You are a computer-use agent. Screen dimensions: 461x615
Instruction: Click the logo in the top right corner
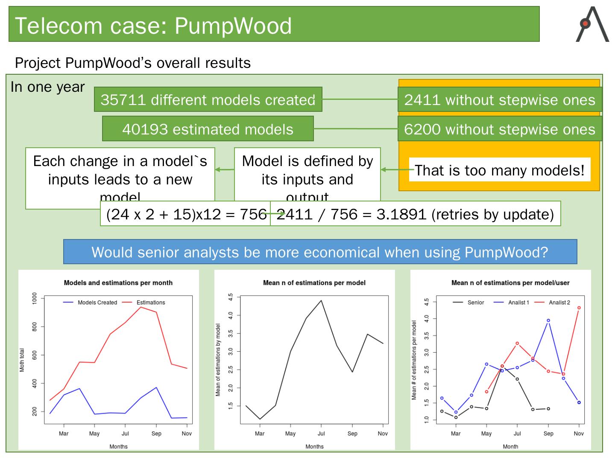coord(592,25)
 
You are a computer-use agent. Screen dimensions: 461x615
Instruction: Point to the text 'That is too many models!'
coord(499,170)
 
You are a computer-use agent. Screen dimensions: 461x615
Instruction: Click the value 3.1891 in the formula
coord(401,214)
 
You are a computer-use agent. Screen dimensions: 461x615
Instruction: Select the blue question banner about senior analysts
coord(320,252)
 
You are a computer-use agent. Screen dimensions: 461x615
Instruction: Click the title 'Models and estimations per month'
coord(118,283)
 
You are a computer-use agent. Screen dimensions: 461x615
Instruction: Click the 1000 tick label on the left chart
coord(35,298)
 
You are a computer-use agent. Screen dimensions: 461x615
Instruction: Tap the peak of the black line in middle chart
coord(321,301)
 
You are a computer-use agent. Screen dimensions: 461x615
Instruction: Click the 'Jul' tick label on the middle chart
coord(321,433)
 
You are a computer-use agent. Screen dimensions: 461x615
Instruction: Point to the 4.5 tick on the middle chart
coord(231,297)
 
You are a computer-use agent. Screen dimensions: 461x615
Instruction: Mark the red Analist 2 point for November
coord(579,307)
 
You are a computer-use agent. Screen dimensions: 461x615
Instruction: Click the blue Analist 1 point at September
coord(548,321)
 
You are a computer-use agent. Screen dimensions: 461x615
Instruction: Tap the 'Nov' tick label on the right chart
coord(579,433)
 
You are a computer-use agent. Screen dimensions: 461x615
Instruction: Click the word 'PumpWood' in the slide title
coord(233,26)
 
